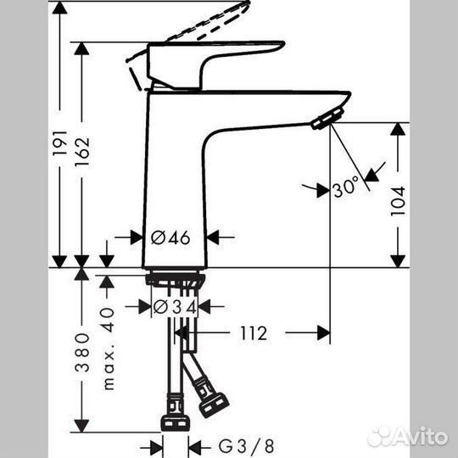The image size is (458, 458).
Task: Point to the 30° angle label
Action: [347, 189]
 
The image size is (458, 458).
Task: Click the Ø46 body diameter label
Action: [173, 237]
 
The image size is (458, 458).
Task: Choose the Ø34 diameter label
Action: [175, 305]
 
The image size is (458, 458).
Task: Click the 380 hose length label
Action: [82, 351]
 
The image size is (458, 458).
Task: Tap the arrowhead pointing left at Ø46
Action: [215, 237]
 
